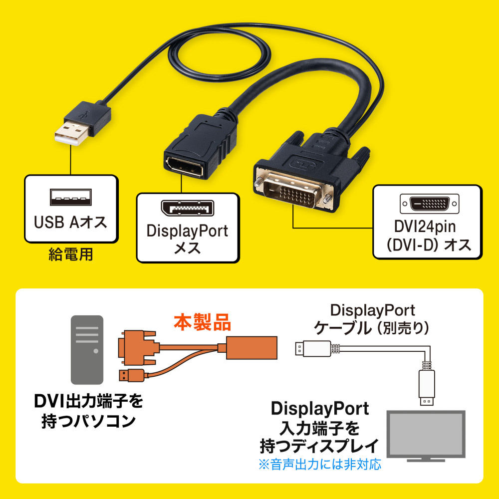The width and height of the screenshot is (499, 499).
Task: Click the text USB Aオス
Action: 70,222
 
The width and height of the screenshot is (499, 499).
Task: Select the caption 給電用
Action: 70,255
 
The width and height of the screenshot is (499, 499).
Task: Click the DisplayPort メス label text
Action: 187,239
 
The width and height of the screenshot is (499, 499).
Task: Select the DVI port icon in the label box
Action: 427,204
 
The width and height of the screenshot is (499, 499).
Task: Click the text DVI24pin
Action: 427,228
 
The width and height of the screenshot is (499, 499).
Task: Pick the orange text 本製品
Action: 202,323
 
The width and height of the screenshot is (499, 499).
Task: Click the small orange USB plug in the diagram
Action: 131,375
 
